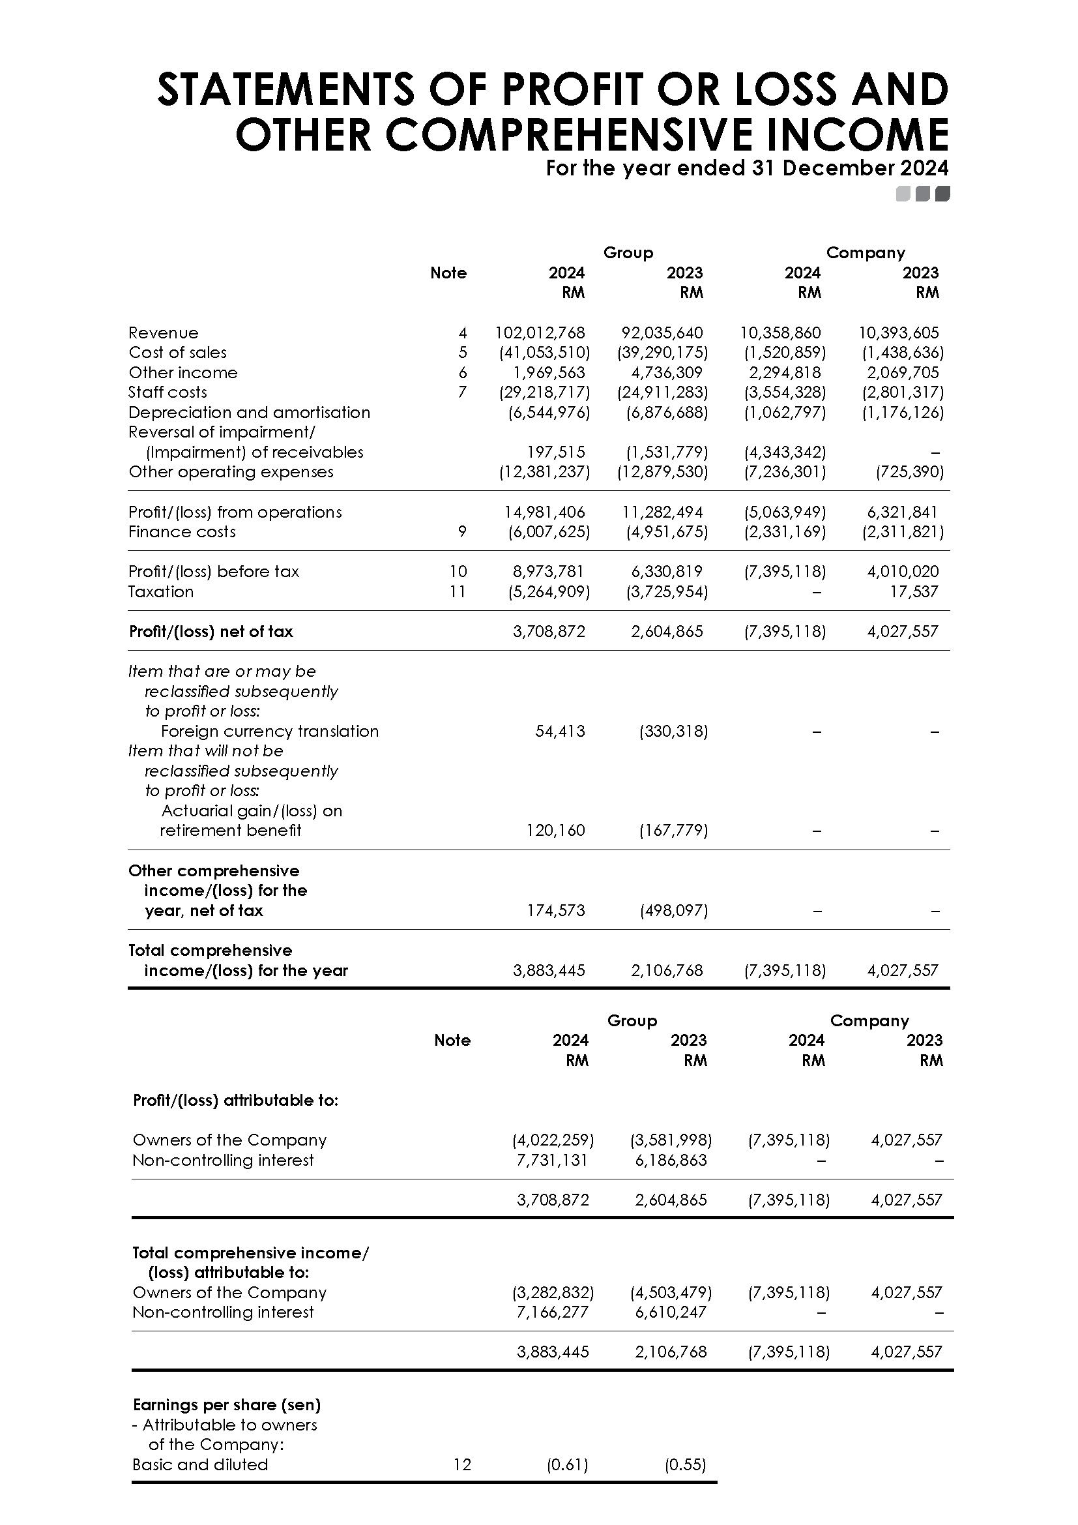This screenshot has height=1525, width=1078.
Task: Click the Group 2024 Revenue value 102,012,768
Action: pos(540,333)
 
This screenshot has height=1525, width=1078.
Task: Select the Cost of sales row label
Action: pos(177,353)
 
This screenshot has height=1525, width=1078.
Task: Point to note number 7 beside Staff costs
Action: pos(463,392)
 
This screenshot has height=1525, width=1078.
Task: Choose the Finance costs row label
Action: pos(182,532)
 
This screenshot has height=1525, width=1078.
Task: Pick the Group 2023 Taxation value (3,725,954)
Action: pos(667,592)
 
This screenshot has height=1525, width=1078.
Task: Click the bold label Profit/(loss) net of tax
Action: pos(211,632)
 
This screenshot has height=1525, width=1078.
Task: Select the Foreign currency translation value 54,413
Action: pos(560,732)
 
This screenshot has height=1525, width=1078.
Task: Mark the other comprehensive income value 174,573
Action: pos(555,911)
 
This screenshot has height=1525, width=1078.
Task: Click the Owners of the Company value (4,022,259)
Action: pos(552,1140)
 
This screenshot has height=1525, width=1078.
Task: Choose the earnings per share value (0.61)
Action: pos(567,1464)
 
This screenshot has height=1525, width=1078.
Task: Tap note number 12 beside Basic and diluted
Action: pos(462,1464)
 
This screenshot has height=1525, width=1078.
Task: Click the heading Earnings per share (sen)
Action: pos(226,1405)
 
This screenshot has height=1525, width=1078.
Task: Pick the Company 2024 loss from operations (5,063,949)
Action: pos(785,512)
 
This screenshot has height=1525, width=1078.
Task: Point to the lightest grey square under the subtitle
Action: pos(903,194)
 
